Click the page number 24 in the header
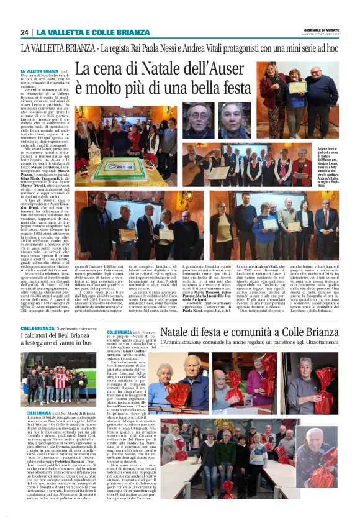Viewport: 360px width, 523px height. click(x=25, y=32)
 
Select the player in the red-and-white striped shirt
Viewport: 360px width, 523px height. click(x=59, y=380)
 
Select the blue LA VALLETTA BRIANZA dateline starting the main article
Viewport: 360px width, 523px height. click(x=39, y=71)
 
